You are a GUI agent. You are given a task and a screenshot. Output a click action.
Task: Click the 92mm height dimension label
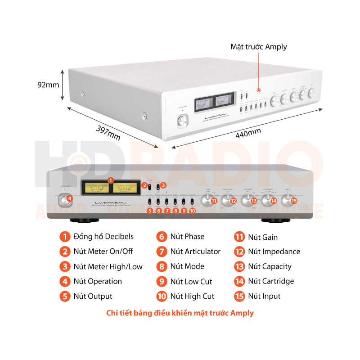(x=47, y=85)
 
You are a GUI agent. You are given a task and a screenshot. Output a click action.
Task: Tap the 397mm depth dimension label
(x=108, y=132)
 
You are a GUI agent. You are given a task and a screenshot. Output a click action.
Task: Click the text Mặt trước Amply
(x=258, y=47)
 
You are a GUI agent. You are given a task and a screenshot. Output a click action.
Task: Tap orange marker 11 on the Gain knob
(x=214, y=201)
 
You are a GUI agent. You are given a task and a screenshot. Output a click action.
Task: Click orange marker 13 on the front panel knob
(x=254, y=201)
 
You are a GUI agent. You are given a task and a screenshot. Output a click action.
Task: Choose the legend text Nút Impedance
(x=274, y=252)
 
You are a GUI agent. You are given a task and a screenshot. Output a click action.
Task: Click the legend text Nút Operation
(x=98, y=281)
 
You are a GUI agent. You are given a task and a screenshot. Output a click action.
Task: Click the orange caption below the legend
(x=180, y=313)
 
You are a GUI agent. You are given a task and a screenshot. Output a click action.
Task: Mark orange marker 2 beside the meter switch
(x=144, y=185)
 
